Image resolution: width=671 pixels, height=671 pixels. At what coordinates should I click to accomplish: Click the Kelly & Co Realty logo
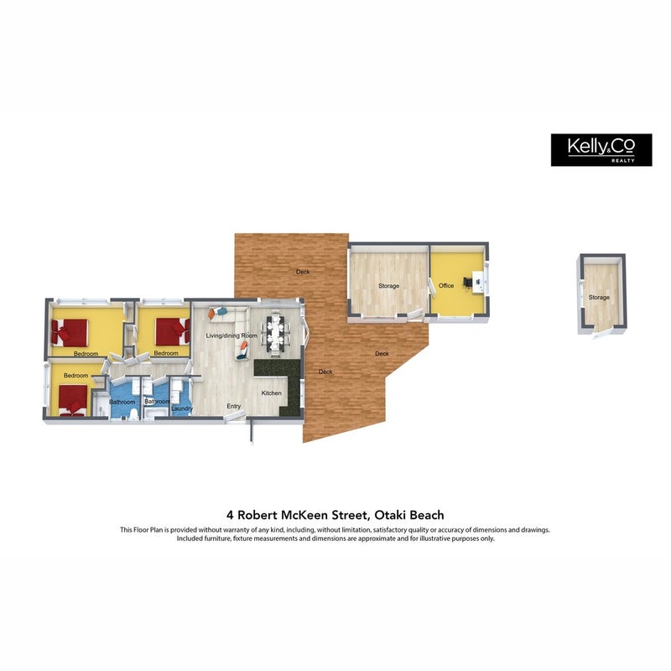[x=601, y=150]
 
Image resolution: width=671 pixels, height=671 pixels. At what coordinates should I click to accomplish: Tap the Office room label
[x=446, y=285]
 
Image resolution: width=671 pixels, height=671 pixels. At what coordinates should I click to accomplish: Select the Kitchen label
[x=271, y=393]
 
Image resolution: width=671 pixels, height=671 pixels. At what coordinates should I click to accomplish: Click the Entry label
[x=234, y=406]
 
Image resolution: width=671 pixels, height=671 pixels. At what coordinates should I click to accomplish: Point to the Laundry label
[x=182, y=408]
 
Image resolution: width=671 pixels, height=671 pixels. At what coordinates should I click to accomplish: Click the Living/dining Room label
[x=231, y=335]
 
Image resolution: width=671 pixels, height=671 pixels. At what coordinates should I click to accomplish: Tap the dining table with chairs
[x=275, y=333]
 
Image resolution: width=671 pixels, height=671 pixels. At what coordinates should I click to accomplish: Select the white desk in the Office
[x=478, y=283]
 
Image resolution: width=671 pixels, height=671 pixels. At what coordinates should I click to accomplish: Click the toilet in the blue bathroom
[x=133, y=414]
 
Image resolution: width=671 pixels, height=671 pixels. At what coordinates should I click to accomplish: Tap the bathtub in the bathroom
[x=153, y=413]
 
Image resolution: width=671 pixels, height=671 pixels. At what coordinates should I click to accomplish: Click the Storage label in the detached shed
[x=599, y=298]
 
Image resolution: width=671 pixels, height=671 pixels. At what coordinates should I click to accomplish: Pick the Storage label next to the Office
[x=388, y=286]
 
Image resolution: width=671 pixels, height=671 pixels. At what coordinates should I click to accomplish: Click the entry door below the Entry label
[x=235, y=417]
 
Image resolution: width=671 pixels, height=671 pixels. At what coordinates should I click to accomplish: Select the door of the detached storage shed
[x=600, y=333]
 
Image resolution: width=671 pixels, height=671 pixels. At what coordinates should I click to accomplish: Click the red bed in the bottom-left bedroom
[x=72, y=400]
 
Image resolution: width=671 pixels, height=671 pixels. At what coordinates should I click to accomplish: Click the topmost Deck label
[x=303, y=272]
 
